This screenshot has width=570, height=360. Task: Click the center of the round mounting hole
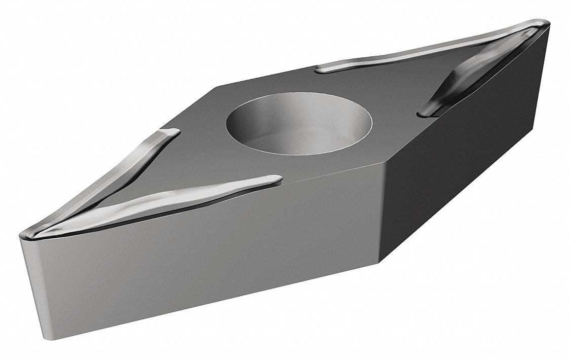click(299, 124)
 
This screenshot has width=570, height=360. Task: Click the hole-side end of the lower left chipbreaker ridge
click(278, 179)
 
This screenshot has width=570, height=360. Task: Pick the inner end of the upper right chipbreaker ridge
click(319, 68)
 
